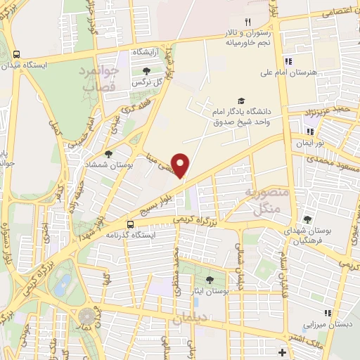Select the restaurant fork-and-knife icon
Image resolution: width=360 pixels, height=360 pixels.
point(247,22)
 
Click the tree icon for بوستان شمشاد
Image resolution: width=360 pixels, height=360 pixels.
point(108,153)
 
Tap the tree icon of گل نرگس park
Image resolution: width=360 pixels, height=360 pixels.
point(146,71)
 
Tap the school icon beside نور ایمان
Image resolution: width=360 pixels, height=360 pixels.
point(309,131)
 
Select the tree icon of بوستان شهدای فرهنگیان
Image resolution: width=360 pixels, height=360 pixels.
point(307,219)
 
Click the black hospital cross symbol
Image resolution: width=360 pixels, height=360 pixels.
point(282,352)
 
